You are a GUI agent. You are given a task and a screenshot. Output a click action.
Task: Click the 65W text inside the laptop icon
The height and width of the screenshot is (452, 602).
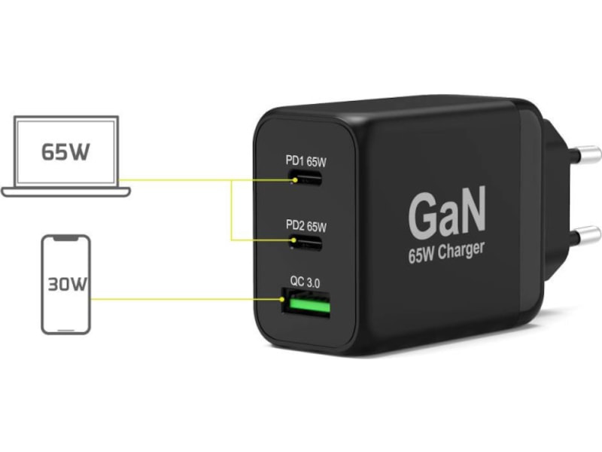pos(65,151)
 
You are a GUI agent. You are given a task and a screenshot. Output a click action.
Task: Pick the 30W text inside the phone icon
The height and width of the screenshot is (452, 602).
pos(66,286)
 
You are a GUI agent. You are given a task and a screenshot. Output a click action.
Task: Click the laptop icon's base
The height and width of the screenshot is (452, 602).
pos(66,191)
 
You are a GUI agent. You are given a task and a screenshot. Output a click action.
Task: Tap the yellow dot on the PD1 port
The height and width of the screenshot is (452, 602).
pos(296,180)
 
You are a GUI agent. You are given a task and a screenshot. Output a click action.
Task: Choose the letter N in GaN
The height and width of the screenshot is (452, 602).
pos(473,213)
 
